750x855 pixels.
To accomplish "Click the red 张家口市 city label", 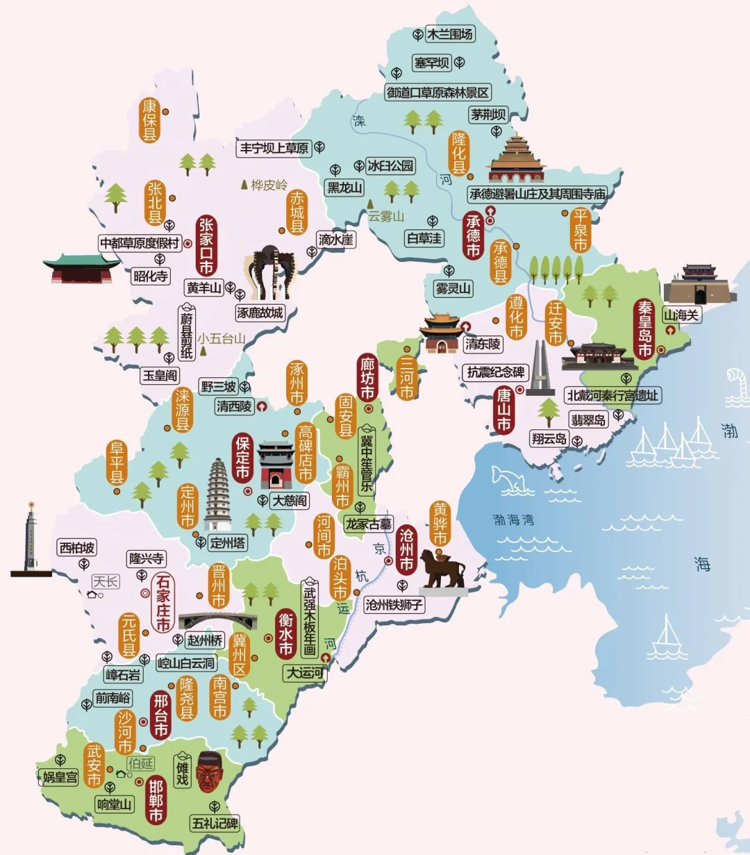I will point(206,246).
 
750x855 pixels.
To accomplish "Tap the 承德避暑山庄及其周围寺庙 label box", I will point(537,194).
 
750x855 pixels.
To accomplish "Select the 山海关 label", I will point(681,315).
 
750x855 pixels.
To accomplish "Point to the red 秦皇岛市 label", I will point(645,329).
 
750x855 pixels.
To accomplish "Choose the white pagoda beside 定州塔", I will point(217,495).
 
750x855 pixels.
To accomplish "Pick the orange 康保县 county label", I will point(150,120).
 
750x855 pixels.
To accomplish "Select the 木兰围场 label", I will point(449,34).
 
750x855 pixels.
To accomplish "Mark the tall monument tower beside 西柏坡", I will point(31,539).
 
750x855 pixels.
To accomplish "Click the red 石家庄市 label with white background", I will point(162,601).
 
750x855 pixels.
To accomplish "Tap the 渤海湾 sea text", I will point(513,519).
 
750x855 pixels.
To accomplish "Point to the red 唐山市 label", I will point(503,410).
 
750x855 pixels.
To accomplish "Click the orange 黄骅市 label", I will point(440,523).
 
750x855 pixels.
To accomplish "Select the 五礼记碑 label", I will point(215,824).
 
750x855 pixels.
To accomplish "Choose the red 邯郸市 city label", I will point(156,800).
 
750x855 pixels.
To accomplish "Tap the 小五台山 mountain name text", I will point(221,339).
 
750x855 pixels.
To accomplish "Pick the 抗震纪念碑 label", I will point(495,372).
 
